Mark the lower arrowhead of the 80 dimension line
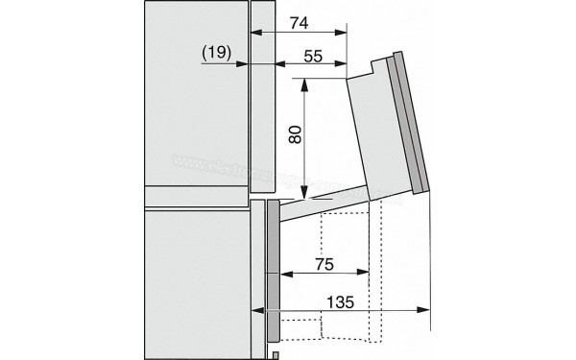[x=304, y=190]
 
